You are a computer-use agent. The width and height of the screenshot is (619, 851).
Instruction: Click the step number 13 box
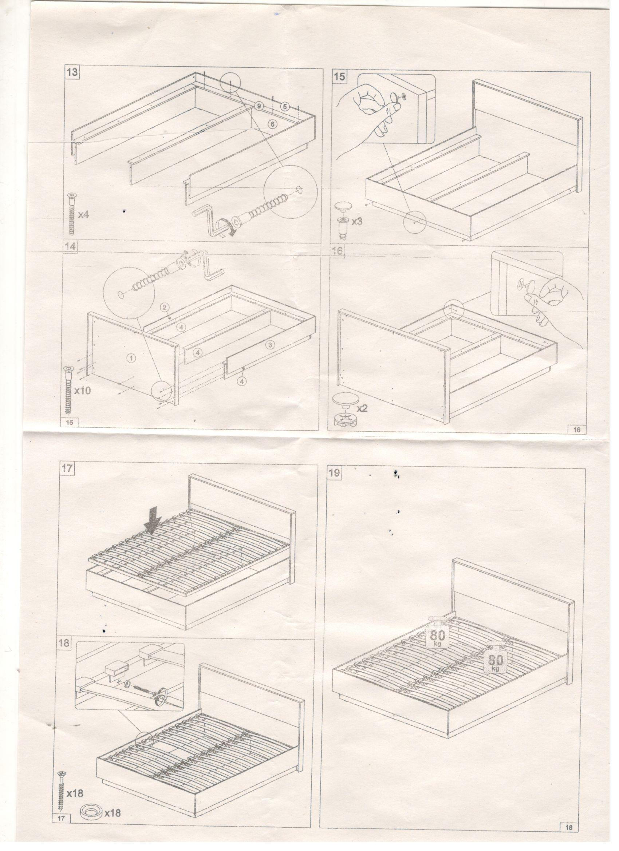[72, 72]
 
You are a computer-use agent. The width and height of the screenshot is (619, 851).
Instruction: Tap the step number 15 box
[339, 76]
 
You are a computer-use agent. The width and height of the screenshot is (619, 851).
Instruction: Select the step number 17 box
[68, 469]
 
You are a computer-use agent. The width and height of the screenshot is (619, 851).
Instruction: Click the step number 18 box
[64, 642]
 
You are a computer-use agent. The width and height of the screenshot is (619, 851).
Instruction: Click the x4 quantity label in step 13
[84, 215]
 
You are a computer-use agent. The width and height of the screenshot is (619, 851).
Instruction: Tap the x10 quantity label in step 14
[82, 391]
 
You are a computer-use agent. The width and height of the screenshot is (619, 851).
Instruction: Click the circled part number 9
[259, 106]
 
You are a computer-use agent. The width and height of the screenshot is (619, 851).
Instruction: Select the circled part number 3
[269, 344]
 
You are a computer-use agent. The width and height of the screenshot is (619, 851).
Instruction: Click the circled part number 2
[165, 307]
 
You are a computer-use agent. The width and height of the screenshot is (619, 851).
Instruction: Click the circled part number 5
[285, 107]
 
